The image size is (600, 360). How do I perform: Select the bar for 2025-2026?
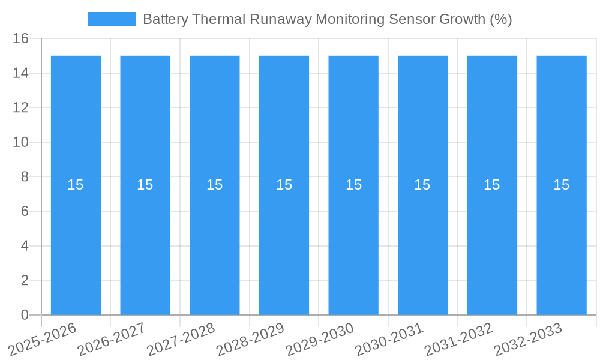(76, 240)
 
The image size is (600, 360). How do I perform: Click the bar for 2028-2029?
(284, 240)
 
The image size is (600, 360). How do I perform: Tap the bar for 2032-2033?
(562, 240)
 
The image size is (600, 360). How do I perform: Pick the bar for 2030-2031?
(422, 240)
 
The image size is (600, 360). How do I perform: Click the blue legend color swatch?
(112, 19)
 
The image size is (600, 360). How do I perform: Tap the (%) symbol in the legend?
(500, 19)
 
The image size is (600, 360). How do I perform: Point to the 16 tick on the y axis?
(21, 38)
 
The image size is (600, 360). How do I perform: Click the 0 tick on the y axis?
(25, 315)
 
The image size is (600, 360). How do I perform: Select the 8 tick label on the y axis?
(25, 177)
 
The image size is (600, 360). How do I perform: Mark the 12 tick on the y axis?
(21, 108)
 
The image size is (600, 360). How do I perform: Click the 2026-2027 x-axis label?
(112, 339)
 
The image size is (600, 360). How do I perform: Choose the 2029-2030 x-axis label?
(320, 339)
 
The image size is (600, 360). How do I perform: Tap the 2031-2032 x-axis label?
(458, 339)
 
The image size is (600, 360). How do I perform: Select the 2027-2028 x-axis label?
(181, 339)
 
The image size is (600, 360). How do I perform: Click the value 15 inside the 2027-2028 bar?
(214, 185)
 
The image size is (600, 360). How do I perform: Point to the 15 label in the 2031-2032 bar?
(491, 185)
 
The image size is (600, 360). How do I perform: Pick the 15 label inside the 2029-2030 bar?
(353, 185)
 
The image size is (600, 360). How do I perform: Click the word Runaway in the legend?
(281, 19)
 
